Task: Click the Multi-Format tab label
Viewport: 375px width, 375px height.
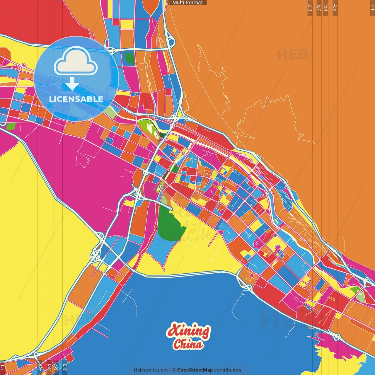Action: (187, 3)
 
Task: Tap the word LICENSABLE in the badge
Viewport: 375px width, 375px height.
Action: (76, 99)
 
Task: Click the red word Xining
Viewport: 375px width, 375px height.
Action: (188, 331)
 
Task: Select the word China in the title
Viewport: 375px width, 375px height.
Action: (188, 344)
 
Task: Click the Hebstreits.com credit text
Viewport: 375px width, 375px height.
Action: (151, 370)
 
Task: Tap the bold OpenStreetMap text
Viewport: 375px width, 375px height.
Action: (195, 370)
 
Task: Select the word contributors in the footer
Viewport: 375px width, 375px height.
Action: (228, 370)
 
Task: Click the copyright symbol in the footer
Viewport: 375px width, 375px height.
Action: (174, 370)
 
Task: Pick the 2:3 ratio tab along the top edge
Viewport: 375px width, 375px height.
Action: (310, 8)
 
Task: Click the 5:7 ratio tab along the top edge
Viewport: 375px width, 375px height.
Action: (319, 8)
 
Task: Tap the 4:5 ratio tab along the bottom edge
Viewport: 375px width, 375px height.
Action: (40, 367)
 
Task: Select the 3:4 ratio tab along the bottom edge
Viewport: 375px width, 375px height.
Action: (49, 367)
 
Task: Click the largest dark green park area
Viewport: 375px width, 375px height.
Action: (171, 224)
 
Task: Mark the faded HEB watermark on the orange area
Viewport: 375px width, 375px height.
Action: (293, 55)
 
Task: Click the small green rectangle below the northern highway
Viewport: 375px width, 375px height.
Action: (129, 58)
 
